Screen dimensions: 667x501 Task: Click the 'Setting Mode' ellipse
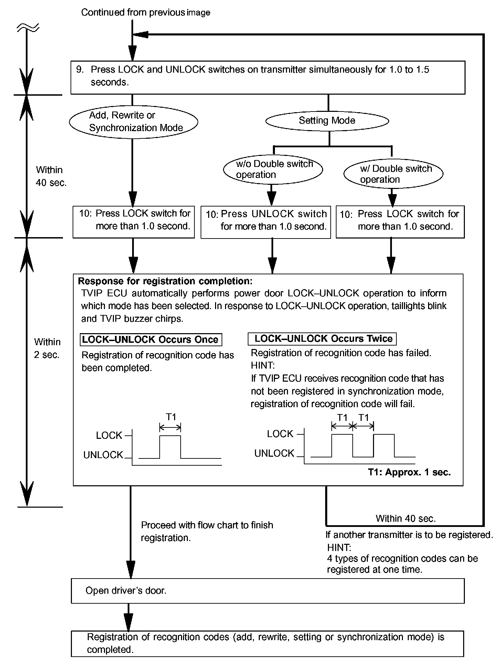(x=327, y=121)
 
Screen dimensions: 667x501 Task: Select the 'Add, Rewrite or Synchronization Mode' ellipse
(x=134, y=121)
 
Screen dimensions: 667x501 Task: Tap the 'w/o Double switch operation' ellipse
(x=273, y=169)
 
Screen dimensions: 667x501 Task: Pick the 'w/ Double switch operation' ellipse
(x=393, y=174)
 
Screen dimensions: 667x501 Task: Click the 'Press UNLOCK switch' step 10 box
(x=266, y=222)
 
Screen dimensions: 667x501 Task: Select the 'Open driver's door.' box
(x=267, y=591)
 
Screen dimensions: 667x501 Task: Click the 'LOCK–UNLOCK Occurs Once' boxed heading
(x=151, y=340)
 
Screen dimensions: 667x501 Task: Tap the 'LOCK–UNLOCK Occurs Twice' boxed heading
(x=322, y=339)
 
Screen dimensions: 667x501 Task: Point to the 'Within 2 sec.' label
(x=47, y=348)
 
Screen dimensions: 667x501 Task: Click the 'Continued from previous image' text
(x=146, y=13)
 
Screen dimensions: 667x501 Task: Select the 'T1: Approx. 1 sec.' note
(x=409, y=472)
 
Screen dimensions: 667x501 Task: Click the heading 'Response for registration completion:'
(x=165, y=281)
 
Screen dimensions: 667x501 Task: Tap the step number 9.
(x=79, y=70)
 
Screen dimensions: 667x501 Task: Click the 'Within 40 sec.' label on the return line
(x=406, y=518)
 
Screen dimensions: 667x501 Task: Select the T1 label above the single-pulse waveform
(x=171, y=417)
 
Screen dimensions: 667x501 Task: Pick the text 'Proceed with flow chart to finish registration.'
(x=207, y=531)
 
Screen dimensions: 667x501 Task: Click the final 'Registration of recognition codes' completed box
(x=267, y=643)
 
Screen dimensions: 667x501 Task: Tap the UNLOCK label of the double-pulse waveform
(x=274, y=454)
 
